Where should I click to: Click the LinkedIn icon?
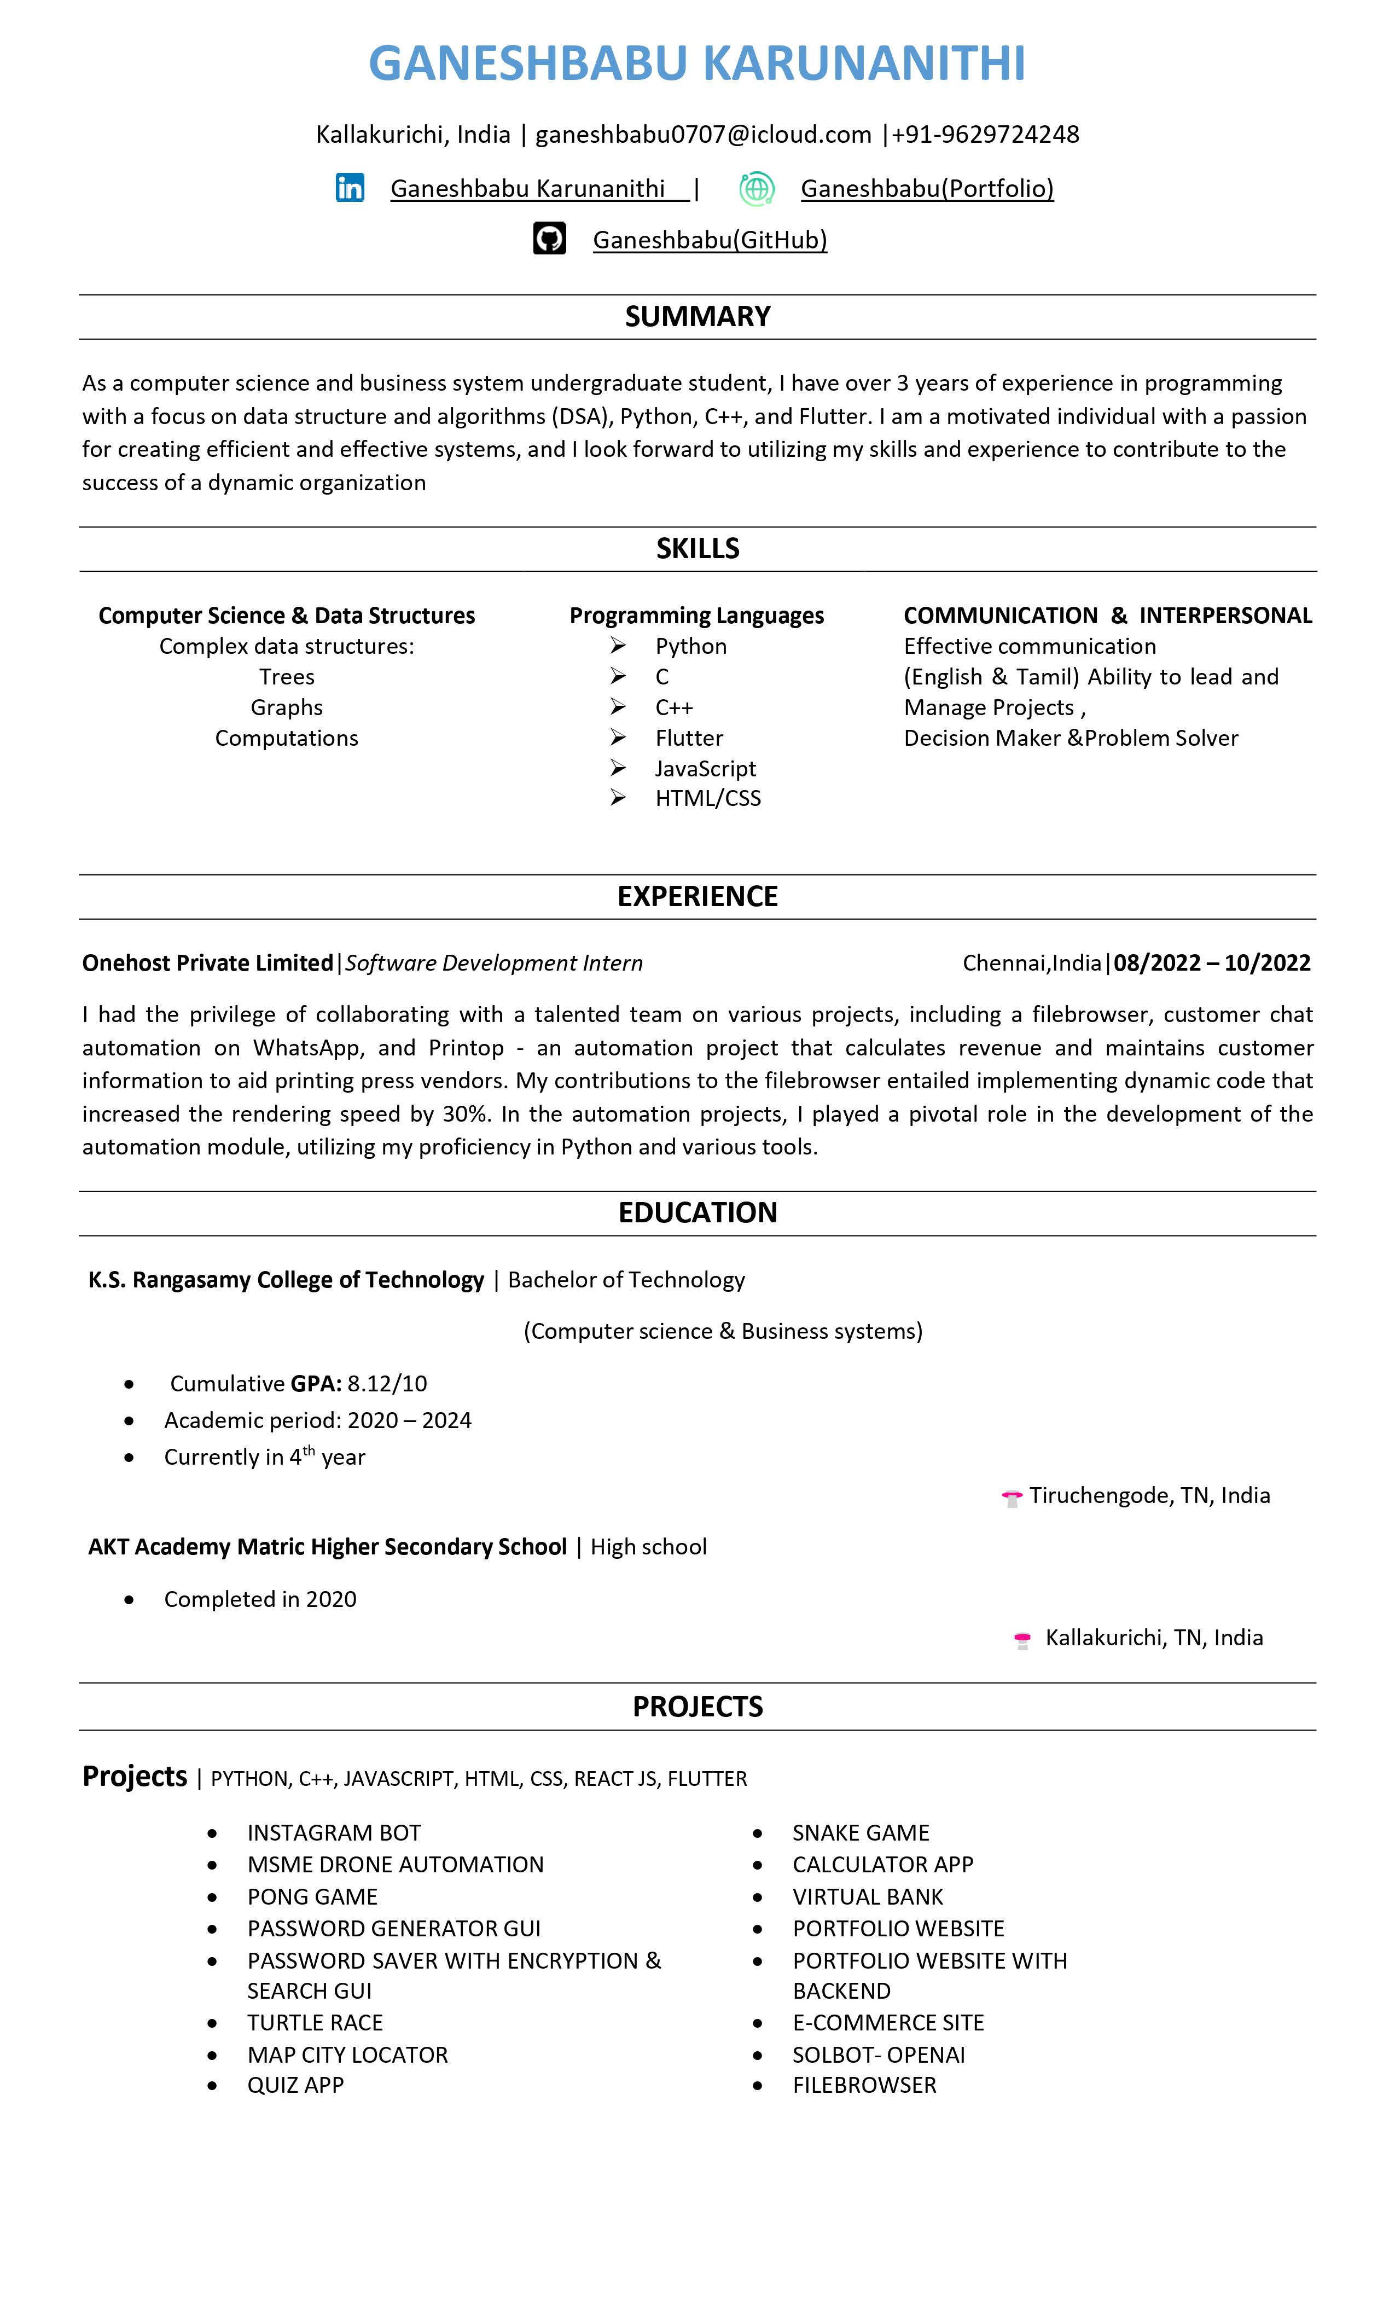click(350, 188)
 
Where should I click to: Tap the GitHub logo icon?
click(549, 239)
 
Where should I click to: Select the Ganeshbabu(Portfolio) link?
click(927, 188)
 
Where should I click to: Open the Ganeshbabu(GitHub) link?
click(710, 240)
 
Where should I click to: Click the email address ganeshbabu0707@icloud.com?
click(703, 134)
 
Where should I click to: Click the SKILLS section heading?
click(698, 548)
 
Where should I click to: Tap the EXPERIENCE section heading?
click(698, 896)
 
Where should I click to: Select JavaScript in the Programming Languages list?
click(705, 769)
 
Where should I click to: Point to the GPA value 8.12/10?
click(387, 1383)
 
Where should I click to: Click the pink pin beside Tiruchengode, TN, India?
click(1012, 1498)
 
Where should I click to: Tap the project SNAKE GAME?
click(861, 1832)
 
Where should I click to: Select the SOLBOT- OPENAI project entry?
click(879, 2055)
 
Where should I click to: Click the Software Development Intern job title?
click(494, 962)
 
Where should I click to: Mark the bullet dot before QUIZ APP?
click(213, 2085)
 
